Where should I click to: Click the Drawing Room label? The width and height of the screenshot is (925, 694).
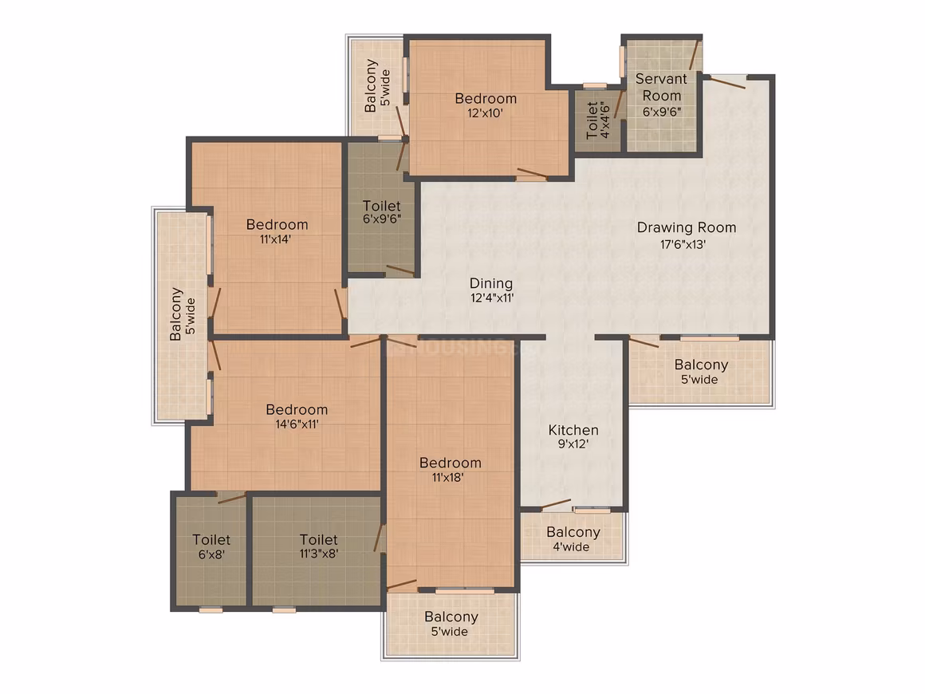686,227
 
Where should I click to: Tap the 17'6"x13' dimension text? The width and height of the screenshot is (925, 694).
683,244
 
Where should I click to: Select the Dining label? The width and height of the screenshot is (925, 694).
491,284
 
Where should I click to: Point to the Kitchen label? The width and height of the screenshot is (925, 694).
573,430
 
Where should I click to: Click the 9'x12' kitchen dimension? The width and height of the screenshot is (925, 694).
573,444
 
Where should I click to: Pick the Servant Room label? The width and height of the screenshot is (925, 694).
661,87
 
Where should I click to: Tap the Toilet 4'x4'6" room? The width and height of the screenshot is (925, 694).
597,120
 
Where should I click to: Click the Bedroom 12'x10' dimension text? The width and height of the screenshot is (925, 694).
485,113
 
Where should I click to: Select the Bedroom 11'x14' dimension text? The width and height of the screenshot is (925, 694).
275,239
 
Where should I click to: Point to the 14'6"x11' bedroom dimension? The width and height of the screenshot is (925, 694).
297,424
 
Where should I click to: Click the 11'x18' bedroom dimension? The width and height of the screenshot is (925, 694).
448,477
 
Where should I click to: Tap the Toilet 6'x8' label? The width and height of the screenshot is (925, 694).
211,546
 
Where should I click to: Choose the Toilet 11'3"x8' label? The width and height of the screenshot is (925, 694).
318,546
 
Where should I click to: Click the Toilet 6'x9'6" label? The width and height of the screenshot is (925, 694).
382,212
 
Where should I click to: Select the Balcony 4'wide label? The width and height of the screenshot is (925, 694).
573,538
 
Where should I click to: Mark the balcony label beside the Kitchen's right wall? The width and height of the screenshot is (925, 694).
701,372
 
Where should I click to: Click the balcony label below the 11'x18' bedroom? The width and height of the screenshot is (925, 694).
451,624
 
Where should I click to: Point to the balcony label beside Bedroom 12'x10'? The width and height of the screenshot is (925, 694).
377,85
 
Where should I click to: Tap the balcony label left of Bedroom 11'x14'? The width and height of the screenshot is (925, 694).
183,314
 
